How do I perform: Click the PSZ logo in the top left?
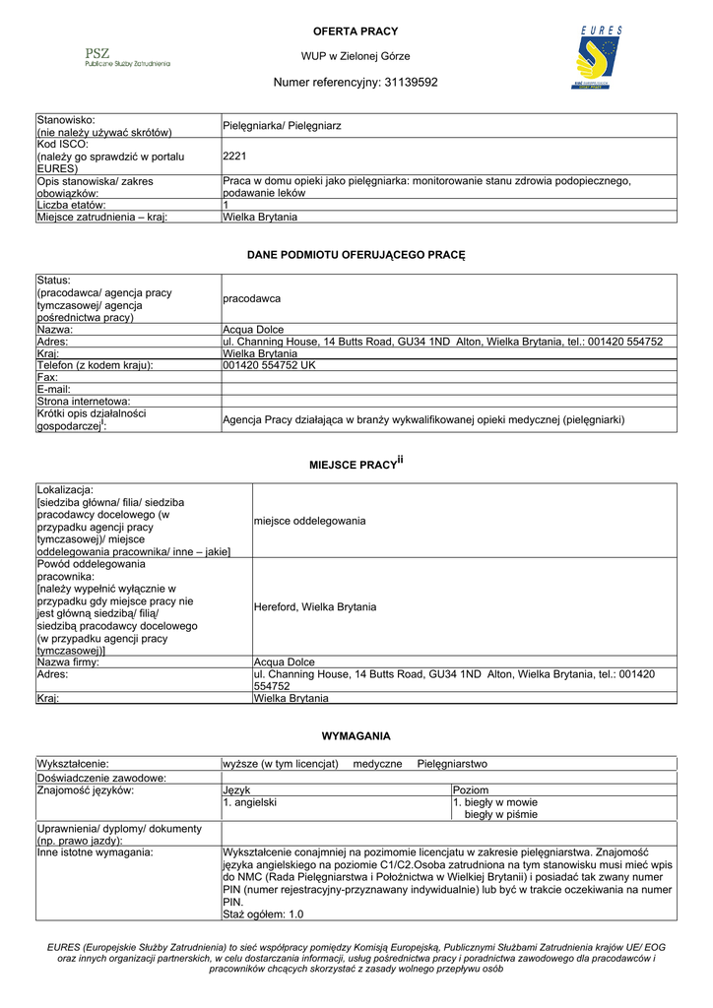point(126,57)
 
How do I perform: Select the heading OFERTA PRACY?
point(356,31)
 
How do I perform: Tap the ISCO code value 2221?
point(234,156)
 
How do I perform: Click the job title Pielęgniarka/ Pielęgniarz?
point(282,126)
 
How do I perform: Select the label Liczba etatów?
point(78,205)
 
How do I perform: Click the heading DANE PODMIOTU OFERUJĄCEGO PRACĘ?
point(356,255)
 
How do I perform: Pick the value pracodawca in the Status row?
point(252,298)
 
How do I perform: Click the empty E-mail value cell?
point(449,389)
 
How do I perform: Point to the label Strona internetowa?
point(84,402)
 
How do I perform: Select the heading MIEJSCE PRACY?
point(353,463)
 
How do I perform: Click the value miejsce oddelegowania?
point(309,520)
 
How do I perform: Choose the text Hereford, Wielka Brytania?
point(315,606)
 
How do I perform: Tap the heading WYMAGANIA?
point(356,735)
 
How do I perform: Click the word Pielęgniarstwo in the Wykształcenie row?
point(452,764)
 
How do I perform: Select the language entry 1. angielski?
point(250,802)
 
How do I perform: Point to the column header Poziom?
point(471,789)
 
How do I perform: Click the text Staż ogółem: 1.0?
point(264,914)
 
